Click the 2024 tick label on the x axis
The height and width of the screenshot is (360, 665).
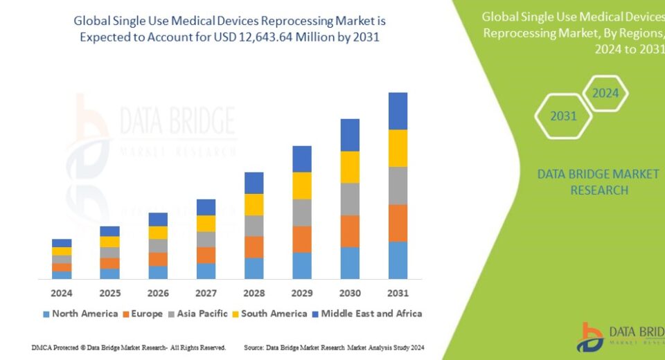[x=62, y=293]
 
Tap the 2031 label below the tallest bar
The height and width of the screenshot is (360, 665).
[x=398, y=293]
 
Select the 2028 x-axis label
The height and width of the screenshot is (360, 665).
[x=254, y=293]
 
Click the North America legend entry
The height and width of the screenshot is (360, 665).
[x=80, y=314]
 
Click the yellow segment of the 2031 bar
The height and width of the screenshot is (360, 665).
[x=398, y=148]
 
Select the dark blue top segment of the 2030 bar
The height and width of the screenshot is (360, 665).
[x=350, y=135]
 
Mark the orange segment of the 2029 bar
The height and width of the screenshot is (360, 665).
[x=301, y=239]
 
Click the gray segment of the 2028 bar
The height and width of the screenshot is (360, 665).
[x=254, y=226]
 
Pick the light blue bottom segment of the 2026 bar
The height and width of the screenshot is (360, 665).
[x=158, y=272]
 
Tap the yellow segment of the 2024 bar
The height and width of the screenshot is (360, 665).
[x=62, y=251]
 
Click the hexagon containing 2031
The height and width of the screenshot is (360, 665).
[x=563, y=116]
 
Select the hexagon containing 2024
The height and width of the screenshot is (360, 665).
[x=605, y=93]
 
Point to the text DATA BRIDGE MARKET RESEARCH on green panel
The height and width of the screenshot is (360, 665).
[x=598, y=181]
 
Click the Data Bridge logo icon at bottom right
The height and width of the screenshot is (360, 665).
[x=589, y=336]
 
